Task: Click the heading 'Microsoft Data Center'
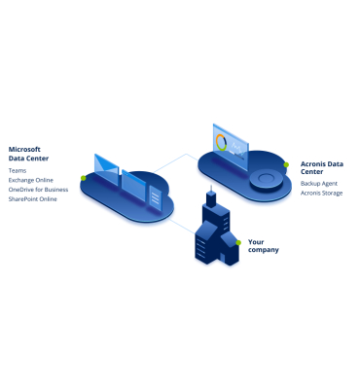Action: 29,154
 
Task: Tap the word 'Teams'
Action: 18,171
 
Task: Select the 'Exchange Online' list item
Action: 32,180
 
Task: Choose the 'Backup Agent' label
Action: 320,182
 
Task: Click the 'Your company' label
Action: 263,245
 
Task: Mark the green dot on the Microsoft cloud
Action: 84,178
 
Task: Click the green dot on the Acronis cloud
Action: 285,165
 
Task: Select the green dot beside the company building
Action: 237,241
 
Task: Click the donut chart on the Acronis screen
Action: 222,145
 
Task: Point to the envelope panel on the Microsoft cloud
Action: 106,171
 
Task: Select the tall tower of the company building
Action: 209,219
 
